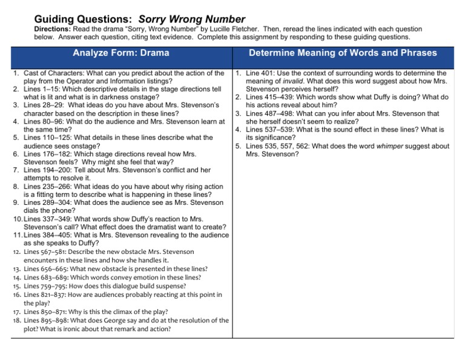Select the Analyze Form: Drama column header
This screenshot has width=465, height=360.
121,53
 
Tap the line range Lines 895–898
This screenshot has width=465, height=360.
46,321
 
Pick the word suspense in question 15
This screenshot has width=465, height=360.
170,286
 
